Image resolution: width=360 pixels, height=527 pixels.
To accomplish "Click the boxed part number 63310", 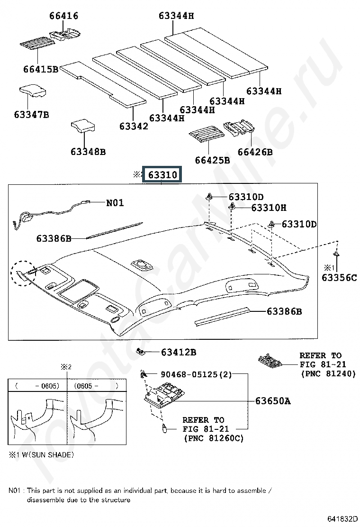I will click(162, 175).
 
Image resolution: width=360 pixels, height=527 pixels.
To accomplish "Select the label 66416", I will click(63, 16).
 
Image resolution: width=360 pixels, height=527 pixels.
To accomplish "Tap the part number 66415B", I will click(40, 69).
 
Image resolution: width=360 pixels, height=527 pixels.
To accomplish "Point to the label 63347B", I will click(31, 115).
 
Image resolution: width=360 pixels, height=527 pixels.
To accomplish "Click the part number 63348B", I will click(88, 152).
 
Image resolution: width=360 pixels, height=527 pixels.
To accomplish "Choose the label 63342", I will click(134, 126).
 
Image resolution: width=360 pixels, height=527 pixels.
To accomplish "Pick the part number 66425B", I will click(212, 160).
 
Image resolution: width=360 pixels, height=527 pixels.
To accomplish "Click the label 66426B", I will click(255, 152).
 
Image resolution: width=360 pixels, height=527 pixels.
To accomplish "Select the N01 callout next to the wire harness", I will click(115, 202).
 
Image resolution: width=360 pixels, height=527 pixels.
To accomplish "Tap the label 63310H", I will click(269, 208).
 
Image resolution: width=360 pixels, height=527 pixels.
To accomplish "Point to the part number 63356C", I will click(339, 278).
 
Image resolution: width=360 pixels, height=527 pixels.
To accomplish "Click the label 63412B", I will click(179, 352).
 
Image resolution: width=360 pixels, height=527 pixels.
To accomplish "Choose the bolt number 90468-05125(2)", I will click(196, 374).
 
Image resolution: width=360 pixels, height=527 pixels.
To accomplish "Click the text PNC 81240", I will click(321, 374).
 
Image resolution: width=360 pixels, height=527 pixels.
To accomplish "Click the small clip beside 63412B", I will click(141, 351).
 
